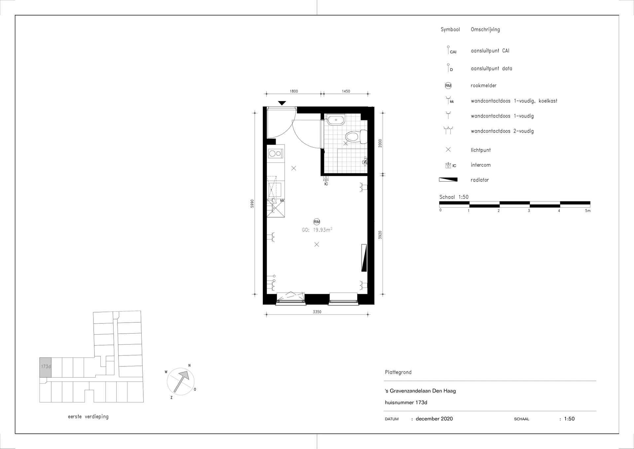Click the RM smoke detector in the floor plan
pyautogui.click(x=317, y=222)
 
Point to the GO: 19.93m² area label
pyautogui.click(x=317, y=230)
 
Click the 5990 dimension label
pyautogui.click(x=252, y=203)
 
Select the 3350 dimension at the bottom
pyautogui.click(x=317, y=312)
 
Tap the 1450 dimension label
pyautogui.click(x=346, y=91)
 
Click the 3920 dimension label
pyautogui.click(x=380, y=235)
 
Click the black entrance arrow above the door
pyautogui.click(x=282, y=103)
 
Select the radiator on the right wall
pyautogui.click(x=364, y=258)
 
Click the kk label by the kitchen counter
pyautogui.click(x=282, y=201)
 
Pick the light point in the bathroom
pyautogui.click(x=345, y=143)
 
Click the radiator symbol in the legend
pyautogui.click(x=448, y=180)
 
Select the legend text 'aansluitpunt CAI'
pyautogui.click(x=490, y=51)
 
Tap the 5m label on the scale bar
pyautogui.click(x=587, y=211)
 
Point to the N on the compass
pyautogui.click(x=189, y=365)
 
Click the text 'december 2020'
pyautogui.click(x=434, y=419)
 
